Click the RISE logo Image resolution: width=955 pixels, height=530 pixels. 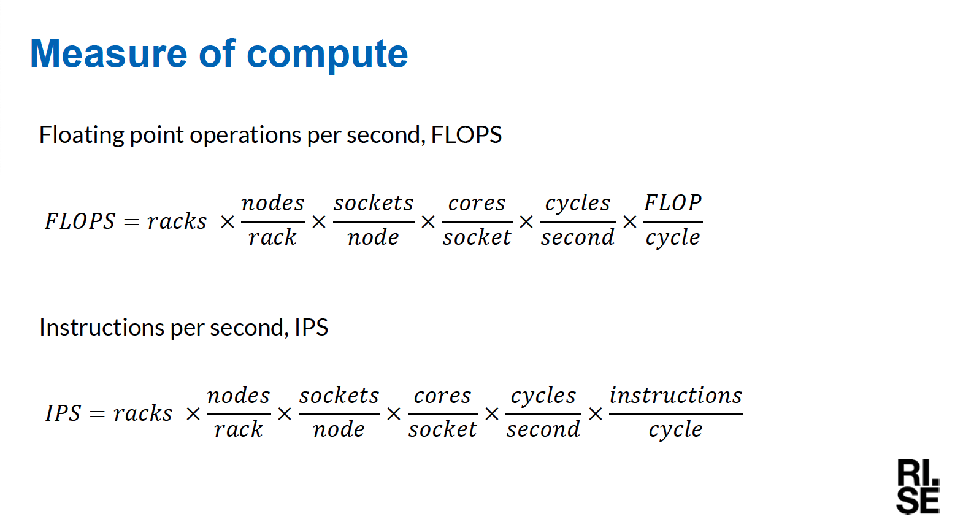pos(918,486)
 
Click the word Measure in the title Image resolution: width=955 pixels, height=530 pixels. pos(109,54)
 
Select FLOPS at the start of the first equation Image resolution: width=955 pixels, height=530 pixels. pos(80,221)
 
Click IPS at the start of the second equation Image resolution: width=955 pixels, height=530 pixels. pos(63,413)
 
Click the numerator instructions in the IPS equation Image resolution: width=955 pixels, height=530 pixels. pos(676,395)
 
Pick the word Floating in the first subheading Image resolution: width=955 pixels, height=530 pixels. pos(82,136)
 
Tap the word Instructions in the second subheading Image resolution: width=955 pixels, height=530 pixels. pos(102,328)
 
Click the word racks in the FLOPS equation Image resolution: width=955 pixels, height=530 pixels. pos(177,221)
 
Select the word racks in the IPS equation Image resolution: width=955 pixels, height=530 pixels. pos(143,413)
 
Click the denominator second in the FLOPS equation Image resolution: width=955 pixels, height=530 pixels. pos(578,237)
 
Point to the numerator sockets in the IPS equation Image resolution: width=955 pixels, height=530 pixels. pos(339,395)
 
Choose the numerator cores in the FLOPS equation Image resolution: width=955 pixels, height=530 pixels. pos(477,204)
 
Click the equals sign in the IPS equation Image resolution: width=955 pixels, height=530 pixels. pos(97,413)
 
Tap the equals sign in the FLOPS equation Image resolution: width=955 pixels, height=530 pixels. pos(131,221)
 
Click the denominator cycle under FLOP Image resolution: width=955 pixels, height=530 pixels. pos(673,238)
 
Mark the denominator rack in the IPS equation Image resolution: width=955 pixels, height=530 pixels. pos(239,429)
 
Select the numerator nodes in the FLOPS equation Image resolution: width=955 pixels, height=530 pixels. pos(273,203)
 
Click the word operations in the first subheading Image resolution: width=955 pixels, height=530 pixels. pos(245,136)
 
